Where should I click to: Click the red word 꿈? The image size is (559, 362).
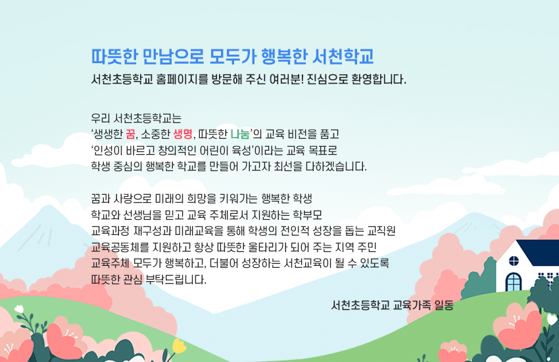coord(139,135)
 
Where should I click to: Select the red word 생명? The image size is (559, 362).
coord(182,135)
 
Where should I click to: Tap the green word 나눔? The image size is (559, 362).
coord(239,135)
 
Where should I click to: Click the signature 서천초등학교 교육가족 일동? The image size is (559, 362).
coord(393,305)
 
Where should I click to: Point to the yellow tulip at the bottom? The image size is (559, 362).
coord(178,346)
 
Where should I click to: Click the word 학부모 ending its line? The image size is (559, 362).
coord(306,215)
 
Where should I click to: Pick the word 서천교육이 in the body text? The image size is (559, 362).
coord(321,263)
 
